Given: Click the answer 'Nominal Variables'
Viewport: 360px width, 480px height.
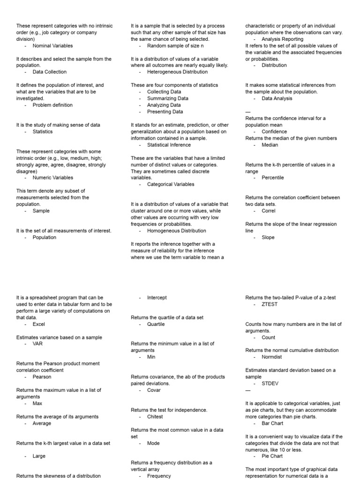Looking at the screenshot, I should tap(52, 46).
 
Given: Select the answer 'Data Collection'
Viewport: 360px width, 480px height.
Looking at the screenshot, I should tap(49, 72).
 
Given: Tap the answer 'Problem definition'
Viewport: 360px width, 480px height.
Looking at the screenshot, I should tap(52, 105).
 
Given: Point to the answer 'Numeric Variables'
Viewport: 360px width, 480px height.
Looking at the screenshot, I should tap(52, 178).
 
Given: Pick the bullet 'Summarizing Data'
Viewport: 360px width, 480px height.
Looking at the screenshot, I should tap(168, 98).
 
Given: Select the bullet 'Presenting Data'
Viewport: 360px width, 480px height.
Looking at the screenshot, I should tap(165, 112).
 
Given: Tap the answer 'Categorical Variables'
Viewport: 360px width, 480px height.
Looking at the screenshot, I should tap(171, 184).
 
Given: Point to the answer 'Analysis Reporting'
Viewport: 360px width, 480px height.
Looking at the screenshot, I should tap(282, 39).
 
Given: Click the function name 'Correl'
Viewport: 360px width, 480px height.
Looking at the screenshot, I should tap(269, 211).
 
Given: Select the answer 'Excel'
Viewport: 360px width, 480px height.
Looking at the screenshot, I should tap(39, 324).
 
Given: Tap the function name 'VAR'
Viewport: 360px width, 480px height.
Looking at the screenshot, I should tap(37, 344).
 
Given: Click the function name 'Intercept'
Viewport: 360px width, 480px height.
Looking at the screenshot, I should tap(157, 298).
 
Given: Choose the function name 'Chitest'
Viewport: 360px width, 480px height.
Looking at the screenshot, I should tap(155, 416).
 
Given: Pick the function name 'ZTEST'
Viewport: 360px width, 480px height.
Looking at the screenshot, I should tap(270, 304).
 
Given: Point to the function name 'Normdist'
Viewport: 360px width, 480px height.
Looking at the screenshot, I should tap(272, 357).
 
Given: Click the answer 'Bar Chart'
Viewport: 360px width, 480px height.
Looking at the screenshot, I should tap(272, 423).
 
